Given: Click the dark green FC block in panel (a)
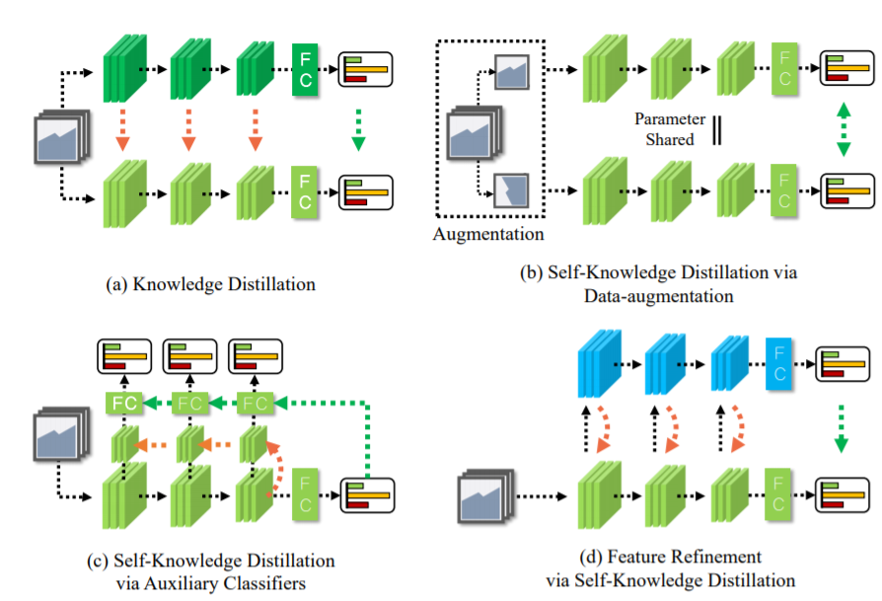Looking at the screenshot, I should coord(306,69).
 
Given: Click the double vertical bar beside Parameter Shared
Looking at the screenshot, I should coord(716,130).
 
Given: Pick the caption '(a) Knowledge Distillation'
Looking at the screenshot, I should coord(210,284).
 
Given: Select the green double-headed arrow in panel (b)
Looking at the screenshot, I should coord(843,130).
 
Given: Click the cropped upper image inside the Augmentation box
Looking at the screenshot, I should coord(513,70).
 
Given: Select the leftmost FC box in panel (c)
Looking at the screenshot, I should coord(123,403).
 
